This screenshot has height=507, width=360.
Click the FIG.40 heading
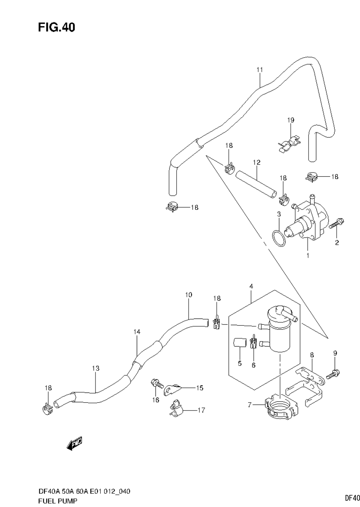click(x=56, y=28)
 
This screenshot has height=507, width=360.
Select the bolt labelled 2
click(x=336, y=224)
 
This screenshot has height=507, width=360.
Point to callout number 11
click(x=260, y=70)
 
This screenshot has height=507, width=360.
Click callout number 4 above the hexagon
click(x=251, y=286)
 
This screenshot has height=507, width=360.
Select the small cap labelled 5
click(x=239, y=343)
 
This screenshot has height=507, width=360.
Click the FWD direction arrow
click(x=74, y=443)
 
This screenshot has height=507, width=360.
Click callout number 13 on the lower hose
click(x=96, y=368)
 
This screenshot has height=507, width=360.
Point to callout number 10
click(x=189, y=295)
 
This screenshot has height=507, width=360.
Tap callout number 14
click(x=136, y=332)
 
